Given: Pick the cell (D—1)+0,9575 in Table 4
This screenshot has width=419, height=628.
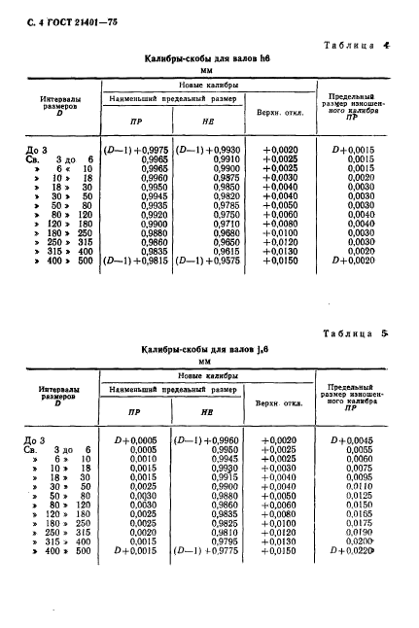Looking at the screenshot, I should [208, 262].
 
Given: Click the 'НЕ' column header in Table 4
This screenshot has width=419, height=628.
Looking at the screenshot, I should [208, 123].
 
